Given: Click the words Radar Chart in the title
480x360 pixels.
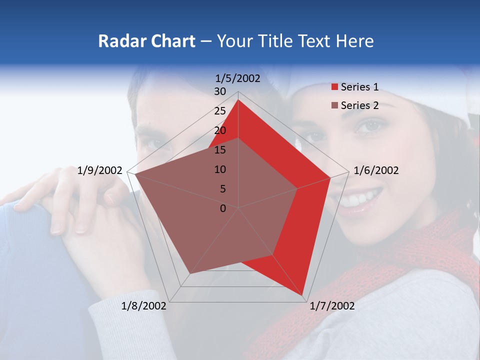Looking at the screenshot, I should coord(146,41).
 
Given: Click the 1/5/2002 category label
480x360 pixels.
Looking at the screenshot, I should coord(238,78).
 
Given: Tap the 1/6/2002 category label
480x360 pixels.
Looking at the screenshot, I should coord(376,170).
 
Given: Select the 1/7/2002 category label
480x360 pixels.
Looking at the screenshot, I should coord(332,306).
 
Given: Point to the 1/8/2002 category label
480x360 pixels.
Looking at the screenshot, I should coord(144,306).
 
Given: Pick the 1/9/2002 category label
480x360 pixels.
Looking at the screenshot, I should coord(100,170).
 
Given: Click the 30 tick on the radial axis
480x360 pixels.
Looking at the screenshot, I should coord(220,91).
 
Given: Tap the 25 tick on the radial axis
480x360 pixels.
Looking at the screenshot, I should coord(220,111).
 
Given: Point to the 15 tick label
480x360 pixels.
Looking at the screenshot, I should coord(220,150).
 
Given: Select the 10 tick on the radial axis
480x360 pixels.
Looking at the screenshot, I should coord(220,169).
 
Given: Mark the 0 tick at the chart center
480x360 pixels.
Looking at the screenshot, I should coord(223,208).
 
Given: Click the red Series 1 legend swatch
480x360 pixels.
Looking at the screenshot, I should coord(334,87).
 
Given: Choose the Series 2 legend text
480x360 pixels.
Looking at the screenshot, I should coord(359,105).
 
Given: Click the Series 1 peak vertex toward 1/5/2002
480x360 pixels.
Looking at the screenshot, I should coord(238,99).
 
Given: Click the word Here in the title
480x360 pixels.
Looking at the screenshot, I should coord(354,41).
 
